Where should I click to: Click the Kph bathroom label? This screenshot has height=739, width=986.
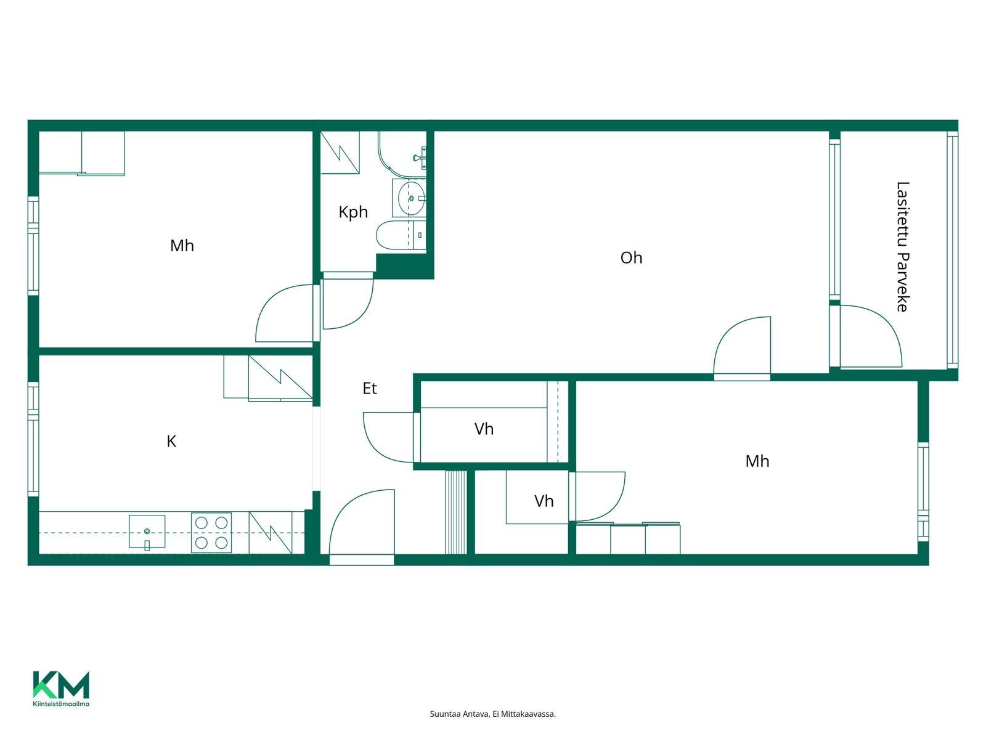pos(353,212)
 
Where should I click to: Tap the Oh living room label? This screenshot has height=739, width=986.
pos(631,257)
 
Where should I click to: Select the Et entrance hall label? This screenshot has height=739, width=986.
pos(370,388)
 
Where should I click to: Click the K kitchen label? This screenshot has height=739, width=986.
pos(171,441)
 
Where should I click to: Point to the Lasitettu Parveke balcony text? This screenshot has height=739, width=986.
pos(902,247)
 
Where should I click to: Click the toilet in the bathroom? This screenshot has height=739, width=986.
pos(400,235)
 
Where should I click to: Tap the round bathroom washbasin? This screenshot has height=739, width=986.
pos(411,198)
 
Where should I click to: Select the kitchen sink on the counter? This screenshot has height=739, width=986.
pos(147,531)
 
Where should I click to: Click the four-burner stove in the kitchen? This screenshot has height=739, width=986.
pos(211,533)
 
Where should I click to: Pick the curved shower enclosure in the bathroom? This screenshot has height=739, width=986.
pos(401,153)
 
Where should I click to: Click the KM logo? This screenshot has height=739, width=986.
pos(61,685)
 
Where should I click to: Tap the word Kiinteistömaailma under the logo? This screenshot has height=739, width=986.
pos(61,703)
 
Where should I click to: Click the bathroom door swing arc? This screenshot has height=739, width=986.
pos(355,314)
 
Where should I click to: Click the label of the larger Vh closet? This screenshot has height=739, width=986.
pos(484,429)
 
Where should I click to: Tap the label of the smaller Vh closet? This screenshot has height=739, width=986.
pos(544,501)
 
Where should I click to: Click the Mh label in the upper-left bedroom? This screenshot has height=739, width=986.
pos(182,246)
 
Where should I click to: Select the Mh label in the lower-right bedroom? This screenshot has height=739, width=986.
pos(757,461)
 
